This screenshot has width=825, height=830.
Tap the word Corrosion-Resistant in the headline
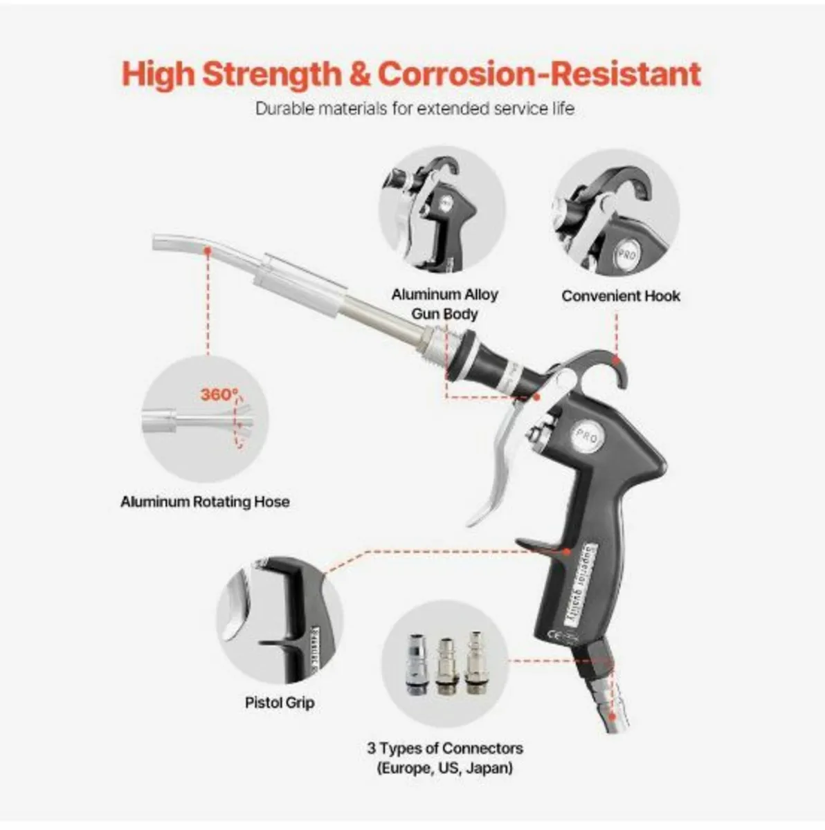coord(540,73)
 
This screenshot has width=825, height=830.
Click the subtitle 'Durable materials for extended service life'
coord(415,109)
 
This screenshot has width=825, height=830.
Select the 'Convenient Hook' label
coord(621,296)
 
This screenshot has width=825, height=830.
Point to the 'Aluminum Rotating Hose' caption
coord(205,501)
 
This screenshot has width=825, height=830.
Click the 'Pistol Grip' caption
coord(280,703)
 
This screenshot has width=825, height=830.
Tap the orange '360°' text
coord(219,394)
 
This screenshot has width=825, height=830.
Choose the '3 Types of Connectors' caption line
coord(445,748)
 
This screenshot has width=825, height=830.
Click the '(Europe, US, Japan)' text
coord(445,768)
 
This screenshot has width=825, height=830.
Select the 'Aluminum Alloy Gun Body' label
coord(445,304)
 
